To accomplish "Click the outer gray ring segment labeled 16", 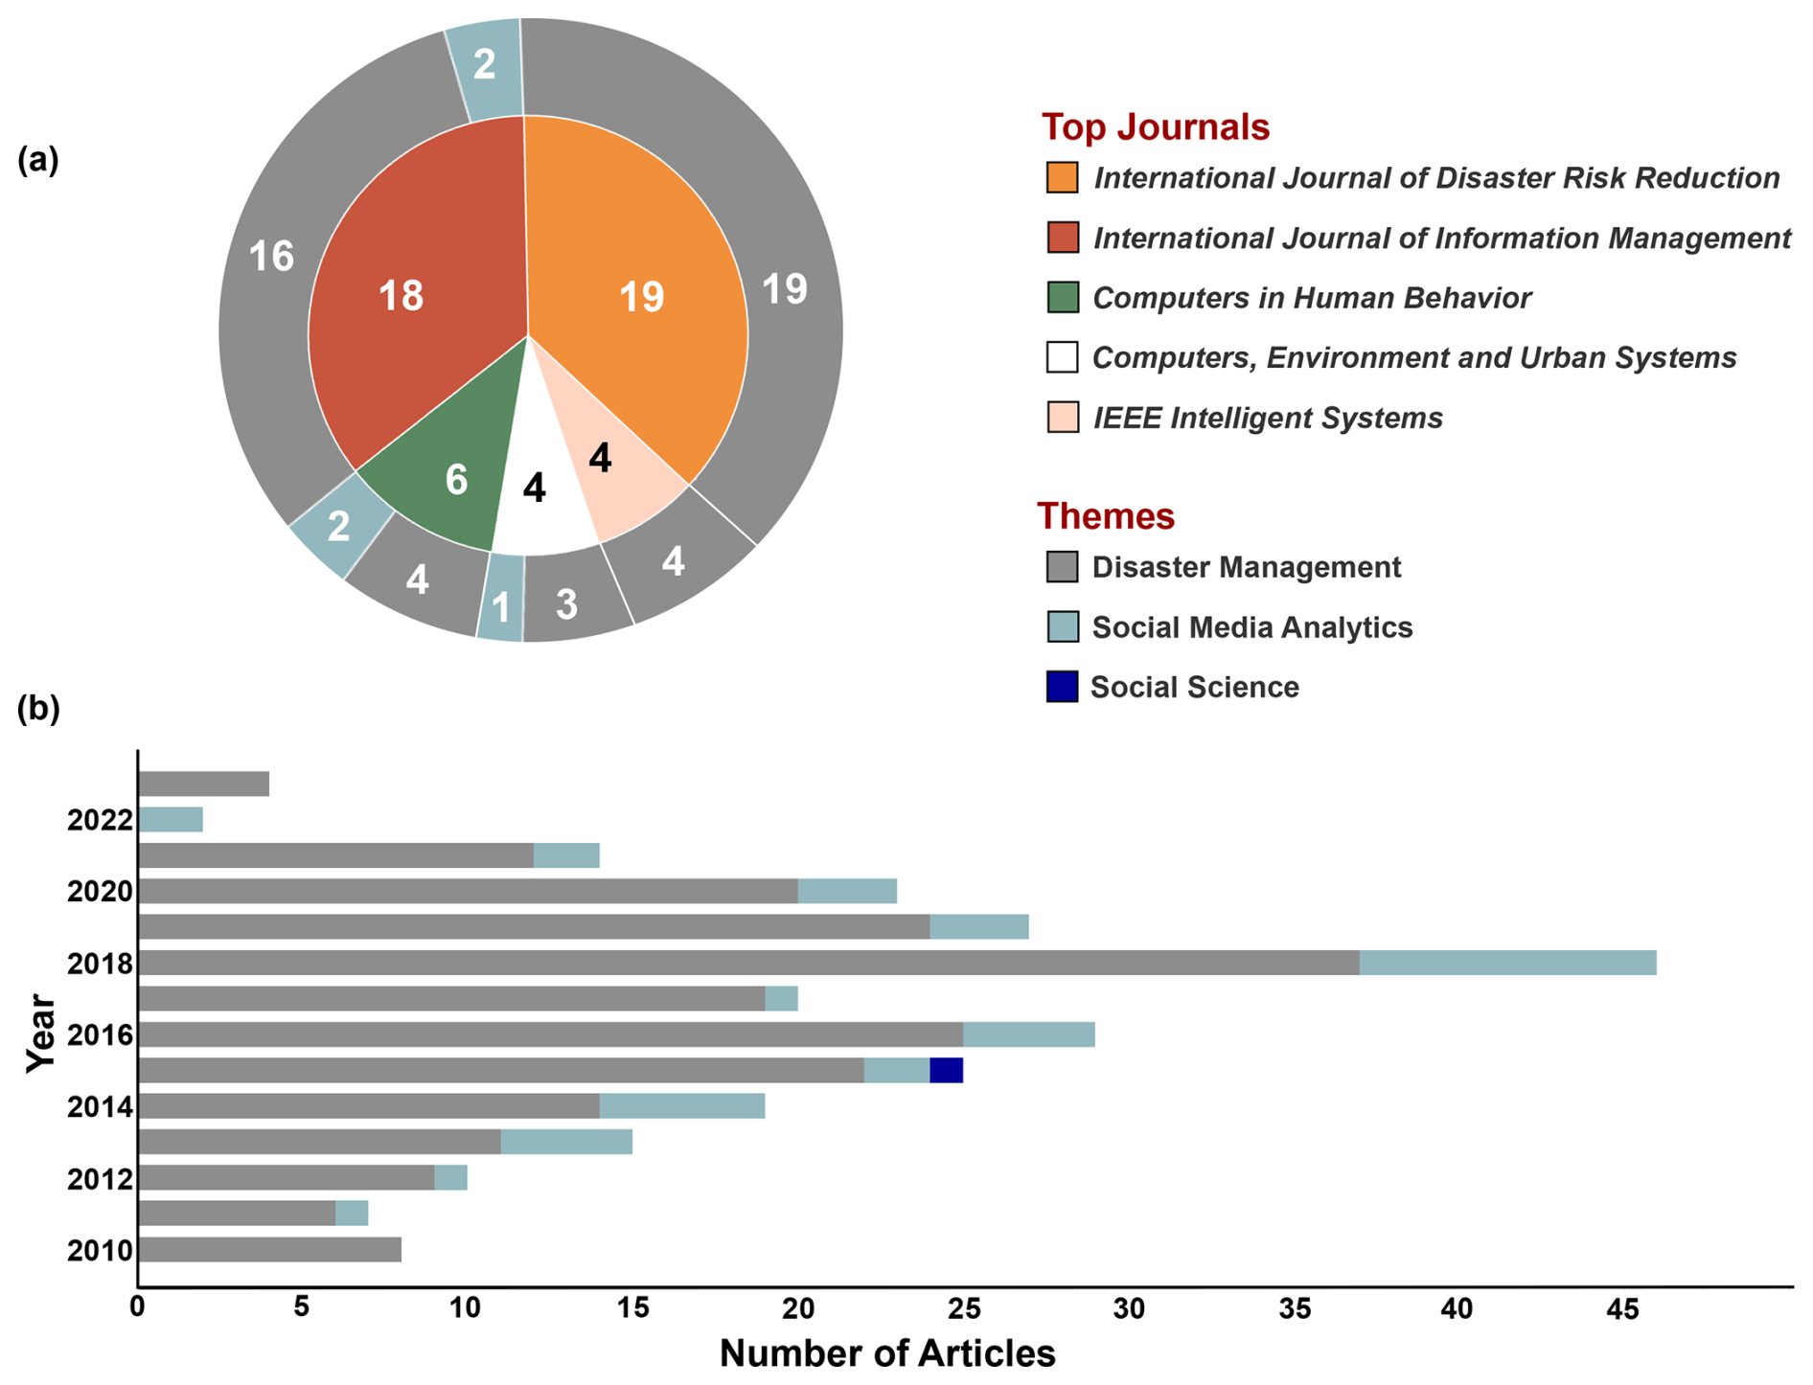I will pos(271,257).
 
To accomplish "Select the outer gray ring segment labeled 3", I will pos(567,604).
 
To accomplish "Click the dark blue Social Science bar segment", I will pos(946,1070).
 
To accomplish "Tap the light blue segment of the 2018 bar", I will pos(1506,963).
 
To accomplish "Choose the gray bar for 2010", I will pos(269,1250).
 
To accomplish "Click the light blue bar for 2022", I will pos(171,820).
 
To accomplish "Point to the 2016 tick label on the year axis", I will pos(100,1035).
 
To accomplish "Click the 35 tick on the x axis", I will pos(1295,1308).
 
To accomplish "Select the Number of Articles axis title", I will pos(887,1353).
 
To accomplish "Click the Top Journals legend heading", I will pos(1155,127).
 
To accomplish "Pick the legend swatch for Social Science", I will pos(1062,687).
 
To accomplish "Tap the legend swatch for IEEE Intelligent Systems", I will pos(1062,418).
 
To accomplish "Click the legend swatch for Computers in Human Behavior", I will pos(1062,298).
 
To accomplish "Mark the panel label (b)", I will pos(38,708).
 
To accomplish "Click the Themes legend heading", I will pos(1105,516).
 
